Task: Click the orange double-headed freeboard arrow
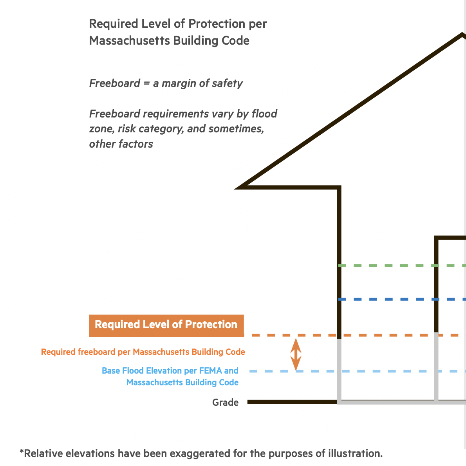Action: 296,355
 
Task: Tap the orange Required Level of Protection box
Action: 166,325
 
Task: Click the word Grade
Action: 225,402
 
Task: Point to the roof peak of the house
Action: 462,35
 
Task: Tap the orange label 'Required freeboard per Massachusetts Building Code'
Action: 143,352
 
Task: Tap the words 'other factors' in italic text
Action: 121,144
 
